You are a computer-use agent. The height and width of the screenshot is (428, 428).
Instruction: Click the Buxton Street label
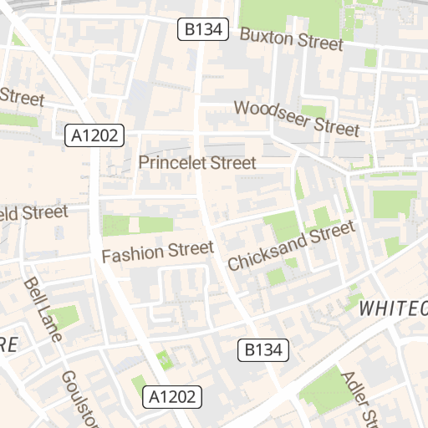pos(291,38)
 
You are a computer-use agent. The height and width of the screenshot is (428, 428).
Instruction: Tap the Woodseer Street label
pos(296,118)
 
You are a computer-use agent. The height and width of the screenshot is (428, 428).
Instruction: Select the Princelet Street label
pos(197,163)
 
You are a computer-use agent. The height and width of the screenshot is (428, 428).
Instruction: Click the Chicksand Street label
pos(291,246)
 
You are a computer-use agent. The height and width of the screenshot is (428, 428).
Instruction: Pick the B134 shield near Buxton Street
pos(202,31)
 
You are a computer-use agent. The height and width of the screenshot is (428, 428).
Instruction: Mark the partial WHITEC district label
pos(393,308)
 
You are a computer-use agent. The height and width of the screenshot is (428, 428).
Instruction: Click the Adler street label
pos(356,397)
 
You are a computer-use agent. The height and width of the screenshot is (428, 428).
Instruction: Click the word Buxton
pos(266,35)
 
